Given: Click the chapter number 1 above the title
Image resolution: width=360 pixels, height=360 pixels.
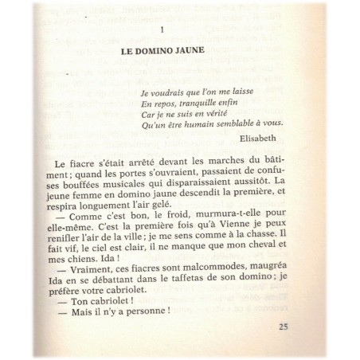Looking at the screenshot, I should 162,30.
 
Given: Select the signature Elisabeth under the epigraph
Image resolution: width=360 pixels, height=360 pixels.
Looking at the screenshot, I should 260,136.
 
